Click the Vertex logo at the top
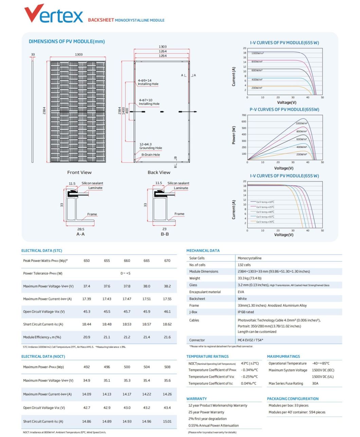point(54,14)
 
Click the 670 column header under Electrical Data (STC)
point(167,261)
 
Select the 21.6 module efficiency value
point(167,337)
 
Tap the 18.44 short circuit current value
point(87,324)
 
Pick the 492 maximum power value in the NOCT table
point(87,367)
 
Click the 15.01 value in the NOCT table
point(167,421)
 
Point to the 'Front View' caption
point(79,172)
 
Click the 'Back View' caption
point(159,172)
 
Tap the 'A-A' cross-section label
point(80,234)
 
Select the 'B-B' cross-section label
point(165,234)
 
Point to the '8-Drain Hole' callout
point(150,155)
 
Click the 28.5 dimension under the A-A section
point(80,229)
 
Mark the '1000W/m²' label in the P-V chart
point(301,123)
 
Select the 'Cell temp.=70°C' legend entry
point(265,222)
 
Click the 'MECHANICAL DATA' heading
point(203,251)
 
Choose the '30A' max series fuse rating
point(315,383)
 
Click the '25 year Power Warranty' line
point(206,412)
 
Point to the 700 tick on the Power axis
point(244,115)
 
